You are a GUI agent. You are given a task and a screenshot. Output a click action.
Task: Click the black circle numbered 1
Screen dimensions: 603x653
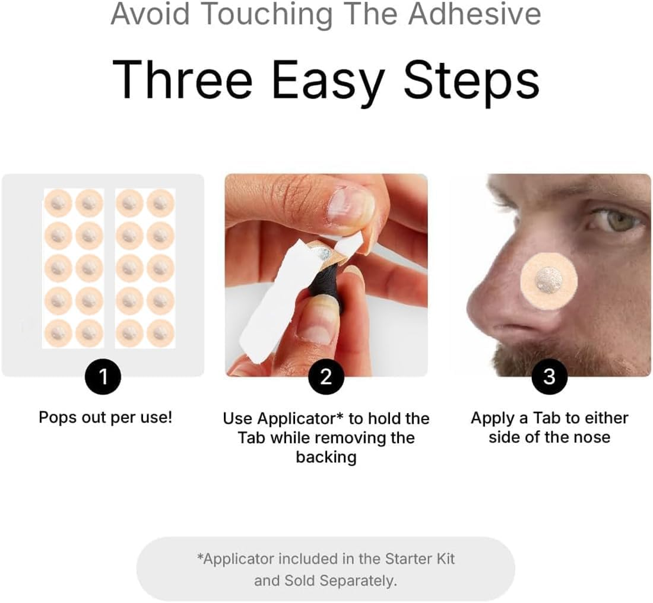(103, 376)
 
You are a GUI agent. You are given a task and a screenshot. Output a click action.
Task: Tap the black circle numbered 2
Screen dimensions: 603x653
(326, 376)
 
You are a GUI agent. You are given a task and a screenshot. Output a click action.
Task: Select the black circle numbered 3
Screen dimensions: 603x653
(549, 376)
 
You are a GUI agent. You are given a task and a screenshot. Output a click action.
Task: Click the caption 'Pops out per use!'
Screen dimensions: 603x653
(106, 417)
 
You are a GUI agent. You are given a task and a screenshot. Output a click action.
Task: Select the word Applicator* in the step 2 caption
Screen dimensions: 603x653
(283, 418)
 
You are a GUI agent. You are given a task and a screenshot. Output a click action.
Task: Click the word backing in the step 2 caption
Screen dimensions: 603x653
(326, 457)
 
